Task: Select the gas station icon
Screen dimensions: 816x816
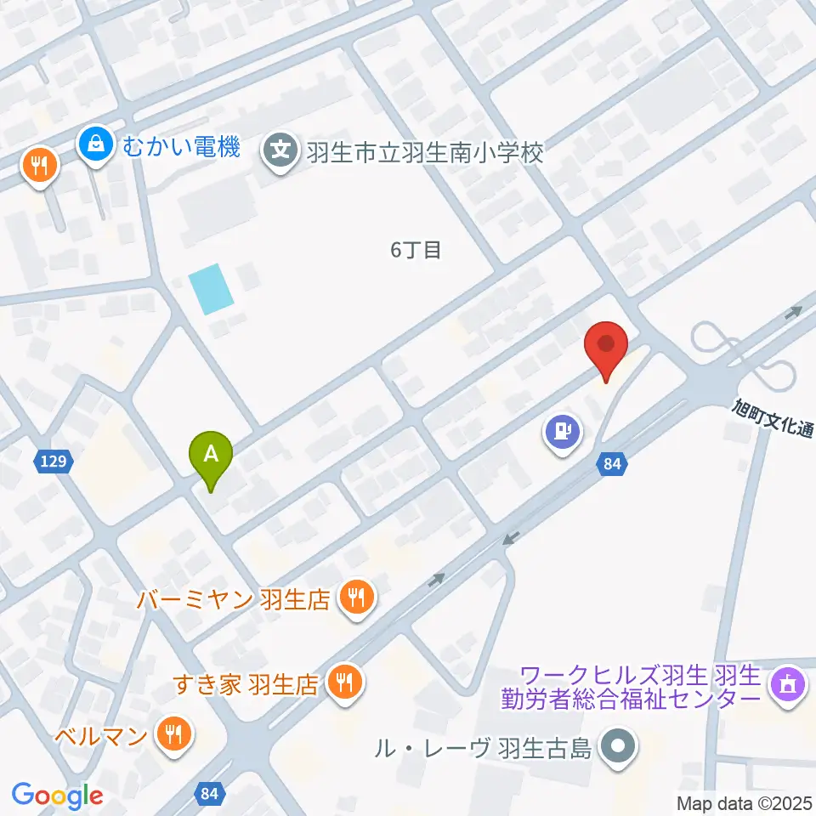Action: pyautogui.click(x=562, y=432)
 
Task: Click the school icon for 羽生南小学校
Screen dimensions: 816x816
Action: pyautogui.click(x=281, y=153)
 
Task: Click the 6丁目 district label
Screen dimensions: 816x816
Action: pyautogui.click(x=416, y=251)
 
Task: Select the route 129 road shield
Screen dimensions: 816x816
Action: pyautogui.click(x=53, y=462)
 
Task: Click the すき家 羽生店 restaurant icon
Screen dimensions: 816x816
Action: pyautogui.click(x=345, y=683)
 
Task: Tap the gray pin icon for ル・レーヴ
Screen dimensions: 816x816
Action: pyautogui.click(x=619, y=748)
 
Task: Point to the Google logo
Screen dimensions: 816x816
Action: pyautogui.click(x=58, y=796)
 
